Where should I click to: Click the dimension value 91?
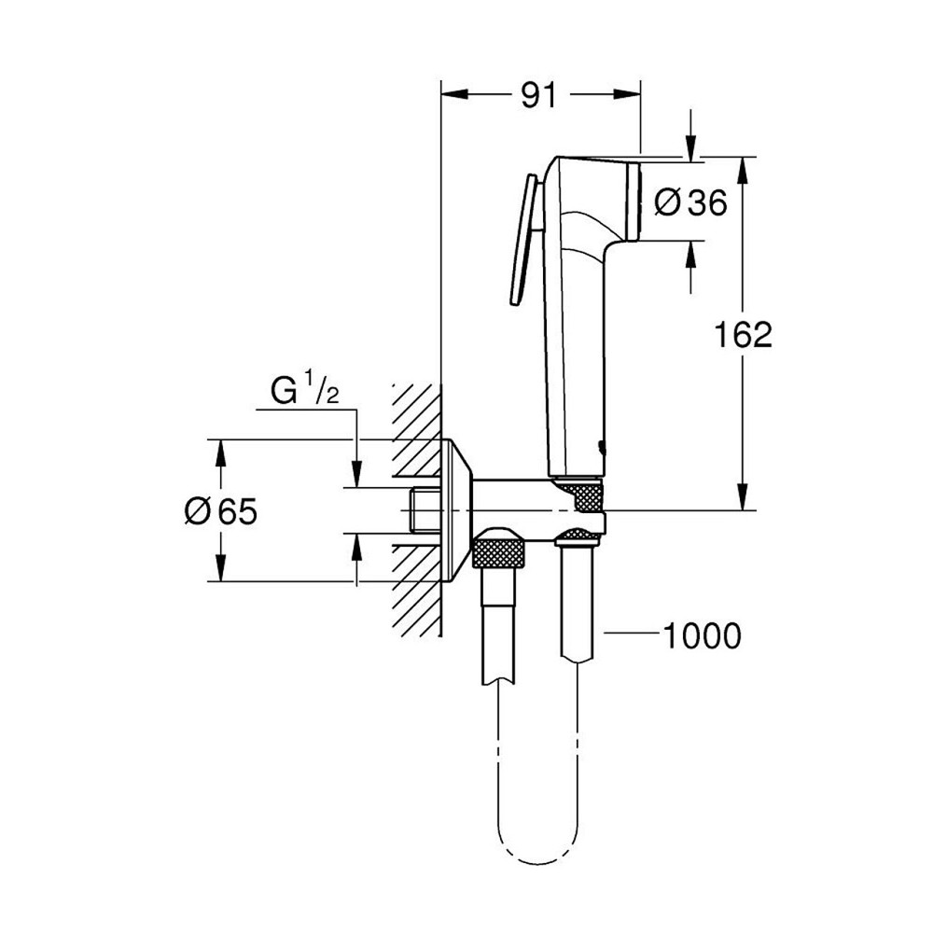(x=537, y=94)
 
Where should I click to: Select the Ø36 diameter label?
(x=690, y=202)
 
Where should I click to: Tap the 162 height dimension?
(x=744, y=334)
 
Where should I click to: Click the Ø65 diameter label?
(x=220, y=510)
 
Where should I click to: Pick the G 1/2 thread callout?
(x=303, y=393)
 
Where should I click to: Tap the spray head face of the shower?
(x=635, y=202)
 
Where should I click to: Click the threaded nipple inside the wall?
(x=425, y=510)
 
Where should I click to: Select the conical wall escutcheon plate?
(x=459, y=510)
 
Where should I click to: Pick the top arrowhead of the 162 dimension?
(x=743, y=167)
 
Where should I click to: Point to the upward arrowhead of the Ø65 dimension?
(x=221, y=451)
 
